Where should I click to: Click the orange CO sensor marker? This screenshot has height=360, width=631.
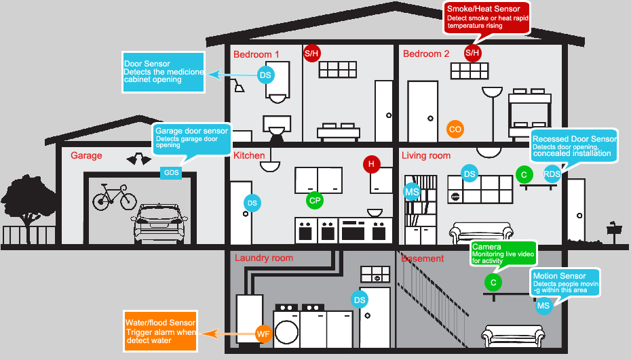[x=455, y=129]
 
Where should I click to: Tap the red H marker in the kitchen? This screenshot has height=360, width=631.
[x=370, y=163]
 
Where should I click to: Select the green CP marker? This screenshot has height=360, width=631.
[x=314, y=200]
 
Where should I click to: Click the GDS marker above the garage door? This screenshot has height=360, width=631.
[x=171, y=173]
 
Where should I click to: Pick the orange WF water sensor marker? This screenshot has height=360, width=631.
[x=263, y=333]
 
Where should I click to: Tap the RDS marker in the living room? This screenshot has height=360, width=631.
[x=552, y=174]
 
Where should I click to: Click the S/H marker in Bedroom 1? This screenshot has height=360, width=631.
[x=311, y=53]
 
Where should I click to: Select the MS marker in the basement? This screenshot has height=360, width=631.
[x=543, y=306]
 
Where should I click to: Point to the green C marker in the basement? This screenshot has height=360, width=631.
[x=493, y=282]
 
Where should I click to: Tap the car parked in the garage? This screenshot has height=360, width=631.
[x=160, y=223]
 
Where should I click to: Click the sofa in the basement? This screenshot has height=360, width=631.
[x=513, y=336]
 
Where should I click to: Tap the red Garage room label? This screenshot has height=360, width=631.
[x=86, y=156]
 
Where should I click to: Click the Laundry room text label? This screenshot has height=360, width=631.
[x=264, y=258]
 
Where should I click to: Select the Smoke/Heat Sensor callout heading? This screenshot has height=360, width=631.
[x=483, y=9]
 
